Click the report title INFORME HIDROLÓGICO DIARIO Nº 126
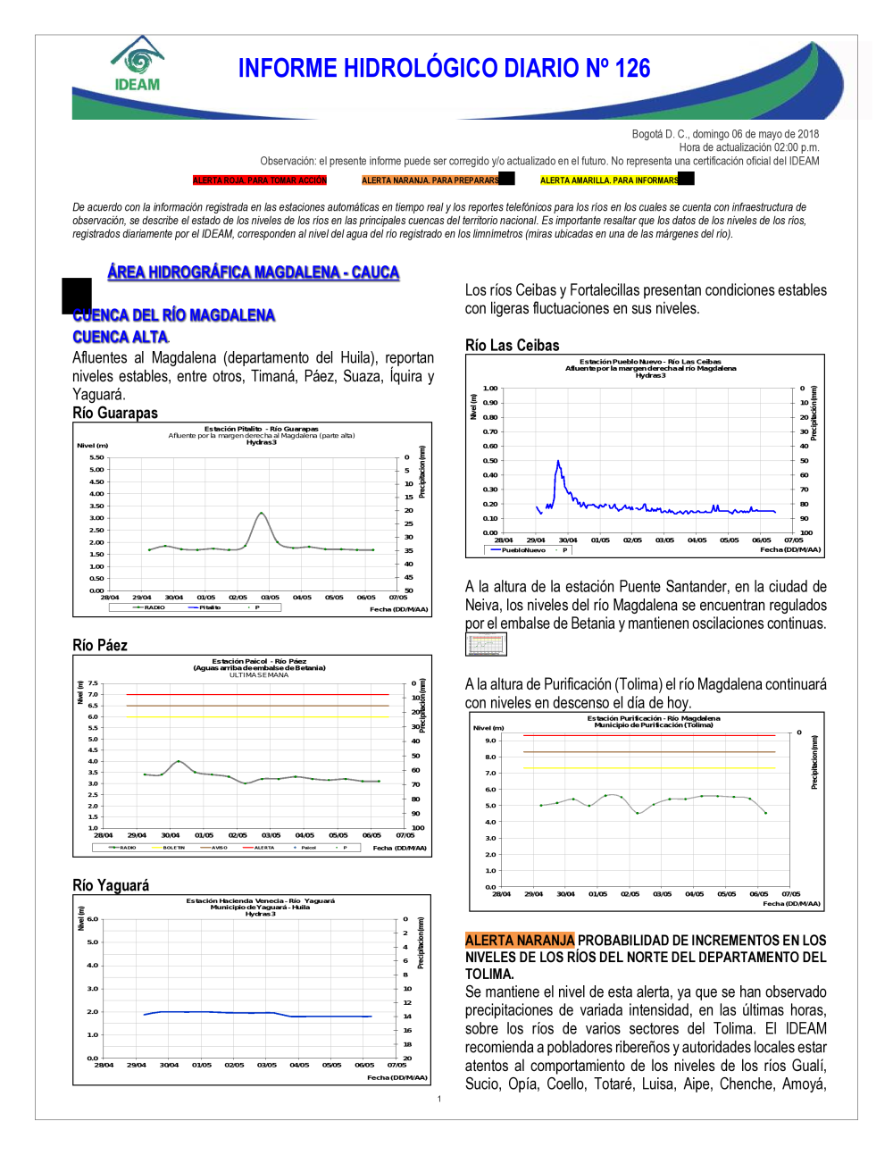tap(444, 69)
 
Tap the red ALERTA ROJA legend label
tap(260, 180)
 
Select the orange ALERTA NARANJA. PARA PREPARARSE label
tap(430, 180)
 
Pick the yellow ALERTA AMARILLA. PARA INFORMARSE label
tap(609, 180)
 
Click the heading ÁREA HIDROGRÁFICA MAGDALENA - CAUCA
tap(253, 272)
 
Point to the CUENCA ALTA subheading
tap(120, 337)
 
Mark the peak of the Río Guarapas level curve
tap(261, 513)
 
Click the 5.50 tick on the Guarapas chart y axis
tap(96, 457)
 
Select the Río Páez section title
tap(100, 645)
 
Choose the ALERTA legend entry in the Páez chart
tap(264, 848)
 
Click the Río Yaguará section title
tap(111, 885)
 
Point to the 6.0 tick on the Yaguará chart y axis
tap(92, 919)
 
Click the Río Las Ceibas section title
tap(513, 346)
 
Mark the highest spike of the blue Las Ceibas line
tap(558, 461)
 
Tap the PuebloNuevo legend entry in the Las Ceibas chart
tap(523, 550)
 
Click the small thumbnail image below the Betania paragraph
tap(486, 644)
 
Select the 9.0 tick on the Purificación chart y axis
tap(490, 741)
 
